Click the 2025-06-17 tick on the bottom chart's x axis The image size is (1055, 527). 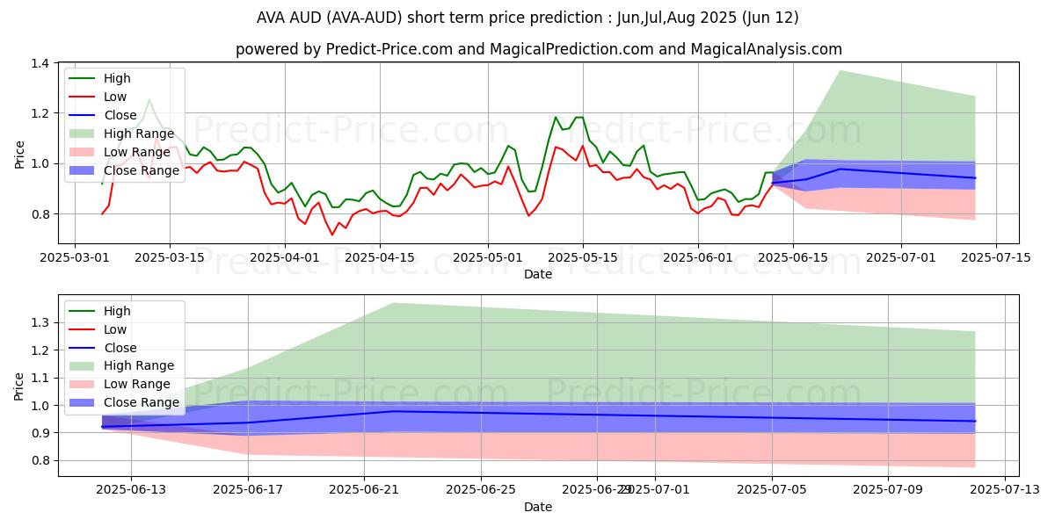(x=248, y=490)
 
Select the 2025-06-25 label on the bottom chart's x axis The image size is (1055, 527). (x=481, y=490)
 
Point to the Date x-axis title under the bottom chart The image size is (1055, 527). (x=538, y=507)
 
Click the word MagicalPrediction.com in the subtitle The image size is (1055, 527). (x=571, y=49)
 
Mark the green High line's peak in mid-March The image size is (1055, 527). (x=149, y=100)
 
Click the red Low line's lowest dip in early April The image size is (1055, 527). (x=332, y=235)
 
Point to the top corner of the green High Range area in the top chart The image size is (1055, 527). (x=840, y=70)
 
